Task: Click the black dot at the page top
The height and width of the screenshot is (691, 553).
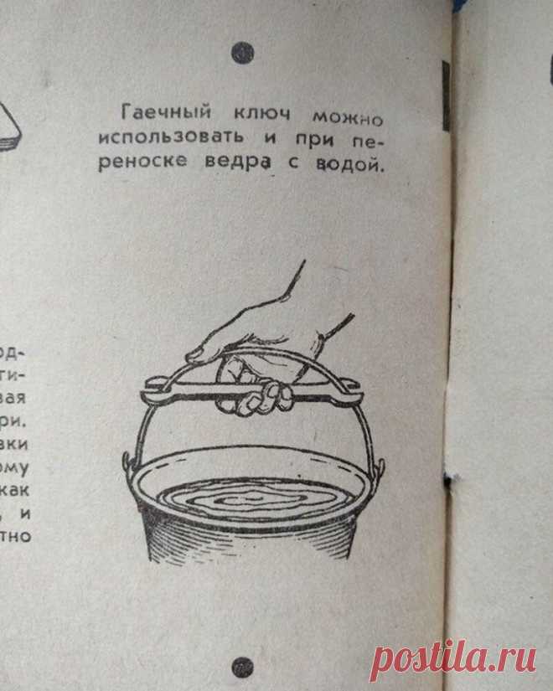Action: [x=244, y=52]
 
